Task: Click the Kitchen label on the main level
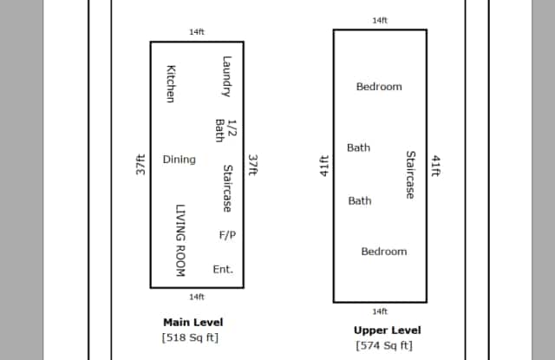tap(171, 84)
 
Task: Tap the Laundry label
tap(226, 77)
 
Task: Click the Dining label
tap(180, 160)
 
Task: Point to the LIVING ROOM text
tap(180, 241)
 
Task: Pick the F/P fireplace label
tap(227, 234)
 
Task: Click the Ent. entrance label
tap(223, 269)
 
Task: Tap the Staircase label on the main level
tap(226, 188)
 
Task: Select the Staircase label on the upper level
tap(411, 174)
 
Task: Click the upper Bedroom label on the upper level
tap(379, 87)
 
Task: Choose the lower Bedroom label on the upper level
tap(383, 252)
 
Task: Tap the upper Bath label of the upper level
tap(359, 147)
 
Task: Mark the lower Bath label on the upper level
tap(360, 200)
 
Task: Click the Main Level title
tap(193, 322)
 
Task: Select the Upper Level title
tap(387, 331)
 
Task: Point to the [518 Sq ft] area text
tap(189, 337)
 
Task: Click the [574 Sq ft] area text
tap(383, 346)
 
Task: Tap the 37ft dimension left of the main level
tap(140, 165)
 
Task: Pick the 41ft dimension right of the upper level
tap(436, 165)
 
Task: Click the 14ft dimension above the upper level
tap(380, 20)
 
